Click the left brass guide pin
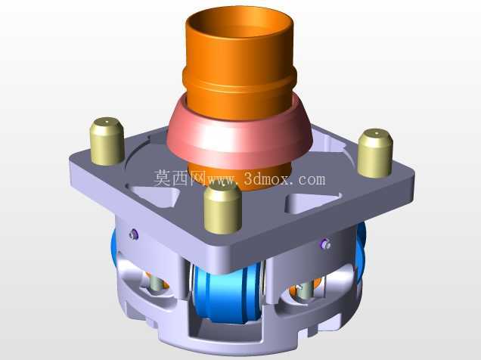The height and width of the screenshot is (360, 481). click(107, 141)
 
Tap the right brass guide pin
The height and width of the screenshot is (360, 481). click(375, 154)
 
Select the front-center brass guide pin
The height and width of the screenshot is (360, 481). click(222, 209)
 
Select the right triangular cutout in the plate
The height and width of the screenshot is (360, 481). click(313, 203)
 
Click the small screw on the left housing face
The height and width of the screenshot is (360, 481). click(134, 235)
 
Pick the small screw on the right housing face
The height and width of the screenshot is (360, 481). click(325, 244)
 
